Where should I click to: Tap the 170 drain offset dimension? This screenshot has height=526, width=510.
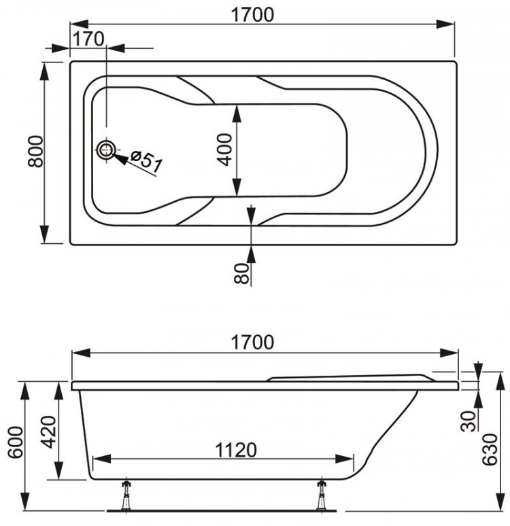click(90, 39)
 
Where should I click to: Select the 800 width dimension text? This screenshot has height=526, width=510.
click(36, 152)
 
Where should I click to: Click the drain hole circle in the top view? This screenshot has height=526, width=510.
click(106, 150)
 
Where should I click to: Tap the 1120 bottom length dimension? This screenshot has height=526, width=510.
click(236, 449)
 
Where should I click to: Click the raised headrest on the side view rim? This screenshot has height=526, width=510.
click(347, 376)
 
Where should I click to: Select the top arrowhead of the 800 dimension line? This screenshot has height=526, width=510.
click(46, 69)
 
